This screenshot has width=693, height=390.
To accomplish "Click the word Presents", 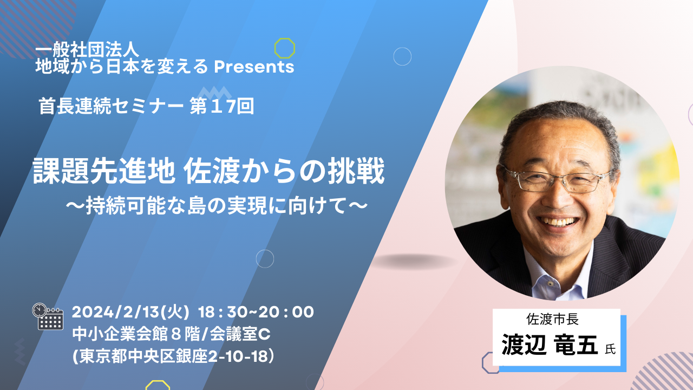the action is click(x=254, y=67).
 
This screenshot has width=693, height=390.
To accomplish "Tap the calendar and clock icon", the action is click(x=48, y=316).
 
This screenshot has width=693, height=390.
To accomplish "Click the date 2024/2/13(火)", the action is click(x=130, y=312).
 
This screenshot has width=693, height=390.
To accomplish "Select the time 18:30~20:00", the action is click(x=256, y=312).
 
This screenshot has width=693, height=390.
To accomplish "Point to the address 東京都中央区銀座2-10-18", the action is click(x=173, y=356).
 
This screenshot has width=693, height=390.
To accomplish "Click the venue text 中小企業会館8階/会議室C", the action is click(x=172, y=334).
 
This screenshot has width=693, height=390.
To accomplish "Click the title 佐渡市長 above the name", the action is click(x=553, y=319).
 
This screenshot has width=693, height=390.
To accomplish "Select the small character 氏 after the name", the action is click(x=610, y=349).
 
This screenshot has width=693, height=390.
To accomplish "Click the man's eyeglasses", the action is click(x=557, y=180).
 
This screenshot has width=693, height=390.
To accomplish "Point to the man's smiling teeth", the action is click(x=558, y=222).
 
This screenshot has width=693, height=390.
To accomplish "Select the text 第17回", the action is click(x=222, y=106).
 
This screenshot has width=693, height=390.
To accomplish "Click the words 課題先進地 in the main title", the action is click(x=104, y=171).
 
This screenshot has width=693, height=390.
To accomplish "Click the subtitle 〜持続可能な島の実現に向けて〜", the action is click(x=217, y=205).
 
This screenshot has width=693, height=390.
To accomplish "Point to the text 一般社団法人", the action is click(x=87, y=49).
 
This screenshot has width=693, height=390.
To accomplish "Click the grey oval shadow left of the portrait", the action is click(x=413, y=262).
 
